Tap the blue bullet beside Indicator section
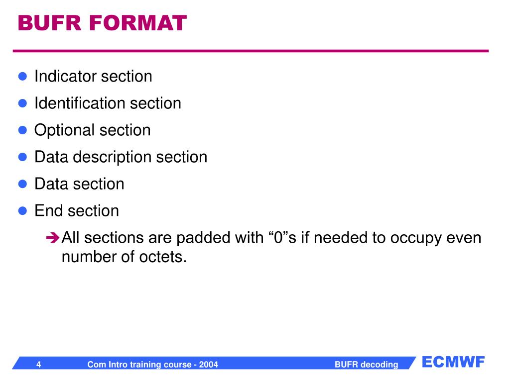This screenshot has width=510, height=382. (x=22, y=77)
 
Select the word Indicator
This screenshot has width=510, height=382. (x=65, y=77)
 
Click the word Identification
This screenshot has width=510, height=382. (x=80, y=103)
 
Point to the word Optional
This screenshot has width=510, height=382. (x=64, y=130)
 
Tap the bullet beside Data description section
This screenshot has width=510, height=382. (x=22, y=157)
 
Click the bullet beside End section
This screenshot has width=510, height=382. (x=22, y=211)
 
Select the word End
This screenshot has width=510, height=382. (x=49, y=211)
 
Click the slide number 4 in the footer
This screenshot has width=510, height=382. (x=38, y=365)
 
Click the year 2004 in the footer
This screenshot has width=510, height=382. (x=209, y=365)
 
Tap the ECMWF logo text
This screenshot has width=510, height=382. (x=453, y=362)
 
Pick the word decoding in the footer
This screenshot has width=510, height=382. (x=380, y=365)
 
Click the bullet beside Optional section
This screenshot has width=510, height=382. (x=22, y=130)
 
